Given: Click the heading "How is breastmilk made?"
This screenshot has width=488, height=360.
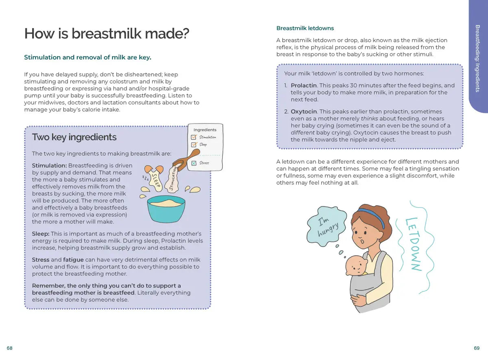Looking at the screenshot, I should (x=107, y=34).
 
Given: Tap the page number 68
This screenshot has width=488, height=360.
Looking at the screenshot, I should (x=10, y=348).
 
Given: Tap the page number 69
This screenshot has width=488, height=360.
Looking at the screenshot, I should (x=477, y=348).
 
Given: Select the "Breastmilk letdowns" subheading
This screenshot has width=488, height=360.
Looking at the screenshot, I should (x=305, y=28).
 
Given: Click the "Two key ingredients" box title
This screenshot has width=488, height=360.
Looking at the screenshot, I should (x=74, y=137).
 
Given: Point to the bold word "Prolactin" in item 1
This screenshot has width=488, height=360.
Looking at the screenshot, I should (x=304, y=85).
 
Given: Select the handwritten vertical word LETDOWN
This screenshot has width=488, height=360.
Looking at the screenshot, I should (x=413, y=244).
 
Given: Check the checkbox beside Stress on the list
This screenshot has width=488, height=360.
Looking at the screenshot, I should (x=194, y=163).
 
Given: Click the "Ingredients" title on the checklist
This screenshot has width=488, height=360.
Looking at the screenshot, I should (x=205, y=130).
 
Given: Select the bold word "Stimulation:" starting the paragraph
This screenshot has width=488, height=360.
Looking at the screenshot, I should (x=49, y=165).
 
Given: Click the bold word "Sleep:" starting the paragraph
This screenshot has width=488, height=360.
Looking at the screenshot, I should (x=41, y=234).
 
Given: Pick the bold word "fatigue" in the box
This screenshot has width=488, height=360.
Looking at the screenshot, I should (x=73, y=260).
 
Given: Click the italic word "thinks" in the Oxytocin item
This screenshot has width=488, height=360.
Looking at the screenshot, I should (x=369, y=119).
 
